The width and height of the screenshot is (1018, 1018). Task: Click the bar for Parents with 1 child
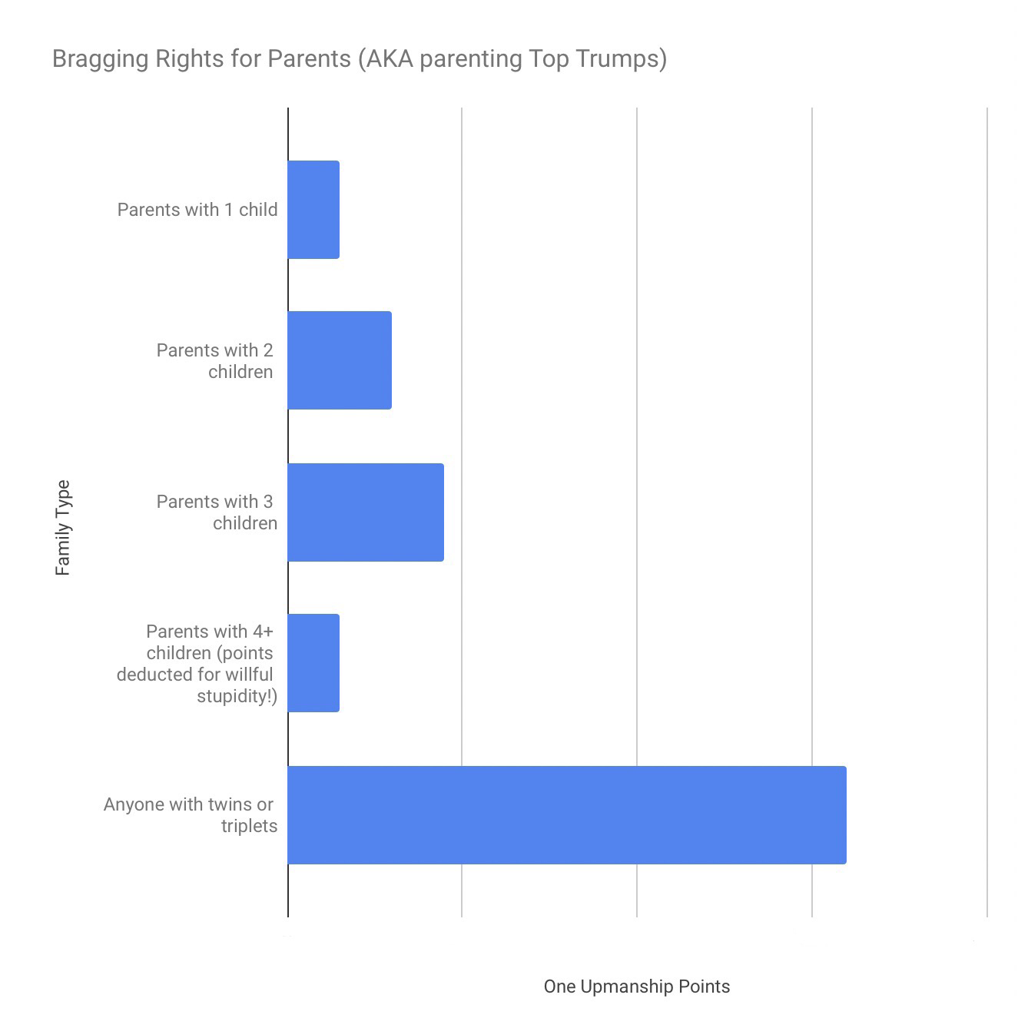(313, 210)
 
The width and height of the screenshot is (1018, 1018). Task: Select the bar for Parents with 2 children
(340, 360)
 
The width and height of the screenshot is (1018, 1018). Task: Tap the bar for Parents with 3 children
(366, 512)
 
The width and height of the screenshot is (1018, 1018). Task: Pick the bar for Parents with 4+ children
(313, 663)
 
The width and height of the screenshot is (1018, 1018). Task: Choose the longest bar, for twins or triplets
(567, 815)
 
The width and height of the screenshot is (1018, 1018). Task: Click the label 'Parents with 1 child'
(197, 210)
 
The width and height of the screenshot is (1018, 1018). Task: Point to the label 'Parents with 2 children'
(215, 361)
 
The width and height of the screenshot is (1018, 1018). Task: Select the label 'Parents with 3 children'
(217, 512)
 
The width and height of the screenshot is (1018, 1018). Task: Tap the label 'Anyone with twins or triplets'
(190, 815)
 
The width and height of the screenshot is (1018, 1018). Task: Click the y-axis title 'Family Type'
(63, 528)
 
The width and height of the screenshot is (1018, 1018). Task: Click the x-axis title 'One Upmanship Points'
(637, 986)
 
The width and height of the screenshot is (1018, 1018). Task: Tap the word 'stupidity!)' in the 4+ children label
(237, 696)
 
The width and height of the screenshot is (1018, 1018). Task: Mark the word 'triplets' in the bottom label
(249, 827)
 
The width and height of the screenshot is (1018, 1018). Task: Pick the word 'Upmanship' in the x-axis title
(630, 986)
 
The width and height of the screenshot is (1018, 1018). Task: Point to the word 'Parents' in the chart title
(309, 59)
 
